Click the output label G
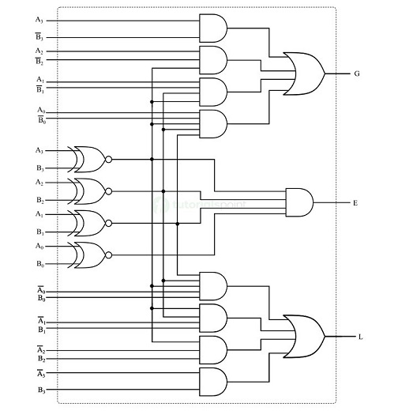coord(357,74)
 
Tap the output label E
coord(356,203)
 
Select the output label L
coord(360,337)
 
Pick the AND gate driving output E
coord(298,202)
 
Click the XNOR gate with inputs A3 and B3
coord(88,159)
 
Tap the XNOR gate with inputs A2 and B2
coord(88,190)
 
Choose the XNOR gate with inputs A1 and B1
coord(88,222)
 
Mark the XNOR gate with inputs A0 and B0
coord(88,255)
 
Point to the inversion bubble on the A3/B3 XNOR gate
coord(109,159)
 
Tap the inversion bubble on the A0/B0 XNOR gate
coord(109,255)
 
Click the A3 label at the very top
coord(40,18)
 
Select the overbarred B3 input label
coord(40,37)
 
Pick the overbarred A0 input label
coord(40,290)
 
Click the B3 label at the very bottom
coord(40,391)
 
